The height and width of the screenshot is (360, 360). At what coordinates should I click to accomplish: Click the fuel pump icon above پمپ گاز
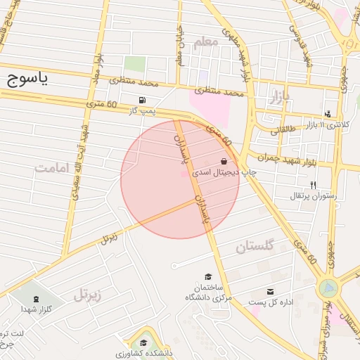click(144, 100)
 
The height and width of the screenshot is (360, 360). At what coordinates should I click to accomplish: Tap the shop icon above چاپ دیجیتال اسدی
click(224, 161)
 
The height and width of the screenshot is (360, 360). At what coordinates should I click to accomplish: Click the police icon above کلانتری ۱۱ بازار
click(328, 114)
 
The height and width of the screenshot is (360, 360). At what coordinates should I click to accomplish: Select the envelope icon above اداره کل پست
click(271, 292)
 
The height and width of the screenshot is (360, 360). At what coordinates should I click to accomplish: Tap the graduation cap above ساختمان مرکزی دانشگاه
click(207, 277)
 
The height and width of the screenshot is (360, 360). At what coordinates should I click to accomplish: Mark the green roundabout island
click(328, 288)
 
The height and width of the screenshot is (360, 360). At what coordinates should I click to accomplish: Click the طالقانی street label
click(284, 129)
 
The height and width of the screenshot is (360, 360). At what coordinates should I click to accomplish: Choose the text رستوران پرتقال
click(314, 195)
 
